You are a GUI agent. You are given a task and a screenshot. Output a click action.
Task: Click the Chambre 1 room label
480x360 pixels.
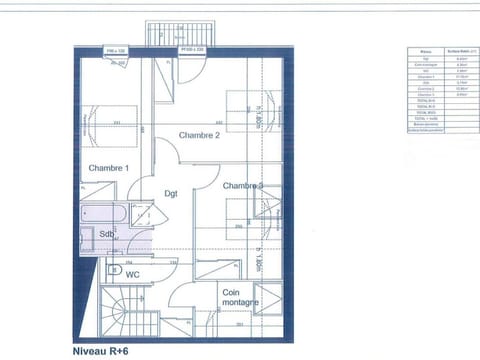(x=108, y=168)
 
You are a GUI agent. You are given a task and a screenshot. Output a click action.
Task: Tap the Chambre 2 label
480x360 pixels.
(x=199, y=135)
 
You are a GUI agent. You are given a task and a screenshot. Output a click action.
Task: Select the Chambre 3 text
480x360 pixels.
(x=243, y=186)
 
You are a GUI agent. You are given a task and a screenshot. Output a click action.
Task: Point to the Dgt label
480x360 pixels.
(x=171, y=194)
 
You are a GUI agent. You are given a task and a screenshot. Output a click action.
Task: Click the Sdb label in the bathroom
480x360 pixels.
(x=107, y=235)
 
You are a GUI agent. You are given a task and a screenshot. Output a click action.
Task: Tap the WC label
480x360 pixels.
(x=132, y=272)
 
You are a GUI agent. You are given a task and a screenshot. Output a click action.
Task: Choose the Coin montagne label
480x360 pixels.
(x=241, y=297)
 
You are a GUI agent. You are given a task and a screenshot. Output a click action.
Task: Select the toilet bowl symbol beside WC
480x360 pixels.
(x=113, y=270)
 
